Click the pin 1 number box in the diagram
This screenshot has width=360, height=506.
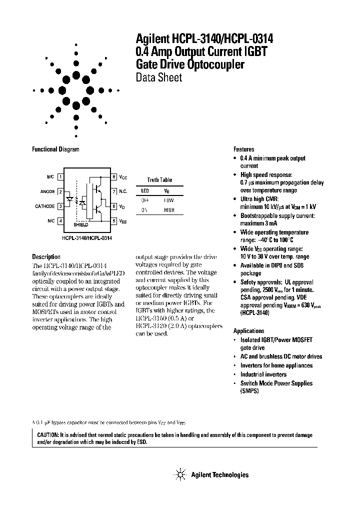click(x=60, y=177)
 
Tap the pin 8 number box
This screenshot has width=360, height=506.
click(x=114, y=177)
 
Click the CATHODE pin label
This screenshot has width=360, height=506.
click(x=45, y=206)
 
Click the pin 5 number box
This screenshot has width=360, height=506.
click(x=114, y=220)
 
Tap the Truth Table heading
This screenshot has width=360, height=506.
click(x=159, y=180)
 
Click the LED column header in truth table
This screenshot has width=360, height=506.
click(x=145, y=191)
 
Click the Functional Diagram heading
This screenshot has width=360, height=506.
click(x=55, y=149)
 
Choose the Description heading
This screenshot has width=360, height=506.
click(x=46, y=257)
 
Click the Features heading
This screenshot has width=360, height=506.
click(x=244, y=149)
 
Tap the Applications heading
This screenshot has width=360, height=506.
click(x=248, y=331)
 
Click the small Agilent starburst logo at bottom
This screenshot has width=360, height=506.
click(x=179, y=474)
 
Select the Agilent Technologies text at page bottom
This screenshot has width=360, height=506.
click(x=219, y=475)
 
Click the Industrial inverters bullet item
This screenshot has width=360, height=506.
click(x=263, y=374)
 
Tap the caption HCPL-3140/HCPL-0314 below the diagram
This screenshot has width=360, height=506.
click(x=87, y=238)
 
